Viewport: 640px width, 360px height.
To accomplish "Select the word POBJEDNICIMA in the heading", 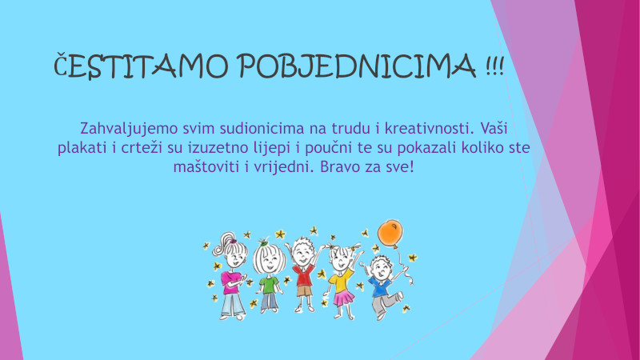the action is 356,66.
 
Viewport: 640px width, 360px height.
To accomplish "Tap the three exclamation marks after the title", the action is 495,66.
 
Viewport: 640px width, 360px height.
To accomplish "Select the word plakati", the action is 82,148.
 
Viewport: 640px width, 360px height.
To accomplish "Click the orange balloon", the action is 390,233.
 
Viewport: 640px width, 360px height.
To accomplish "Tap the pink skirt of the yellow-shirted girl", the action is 344,298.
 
